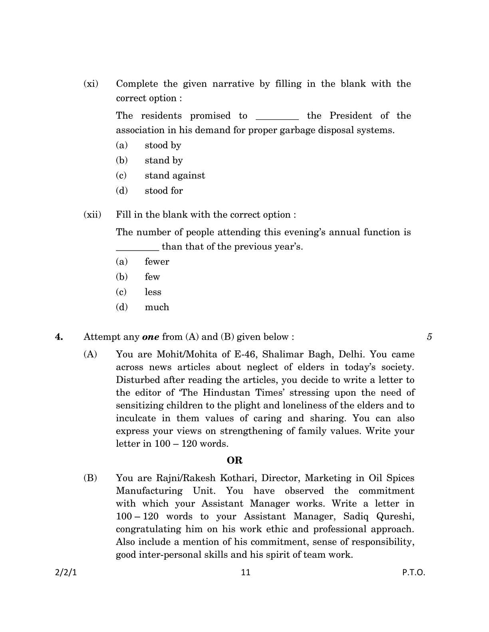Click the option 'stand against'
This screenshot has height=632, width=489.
[x=175, y=176]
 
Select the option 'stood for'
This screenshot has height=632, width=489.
[x=163, y=191]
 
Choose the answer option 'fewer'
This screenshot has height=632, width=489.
[x=157, y=262]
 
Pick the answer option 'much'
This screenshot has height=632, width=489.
[x=157, y=307]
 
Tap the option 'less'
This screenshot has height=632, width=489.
[x=153, y=292]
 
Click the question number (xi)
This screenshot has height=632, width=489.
[x=91, y=84]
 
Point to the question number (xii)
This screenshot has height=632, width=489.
[x=92, y=215]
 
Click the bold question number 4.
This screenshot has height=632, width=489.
[x=59, y=337]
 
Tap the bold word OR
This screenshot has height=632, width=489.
[x=235, y=460]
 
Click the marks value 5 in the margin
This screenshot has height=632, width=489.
[x=429, y=337]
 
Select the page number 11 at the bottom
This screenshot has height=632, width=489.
[x=246, y=573]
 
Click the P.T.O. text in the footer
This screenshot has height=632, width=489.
[x=414, y=573]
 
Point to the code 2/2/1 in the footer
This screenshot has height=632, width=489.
[x=66, y=573]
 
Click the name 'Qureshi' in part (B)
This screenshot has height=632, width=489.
[x=395, y=516]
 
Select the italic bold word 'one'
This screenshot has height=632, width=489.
[x=151, y=337]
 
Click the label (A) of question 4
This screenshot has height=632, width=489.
[x=90, y=354]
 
